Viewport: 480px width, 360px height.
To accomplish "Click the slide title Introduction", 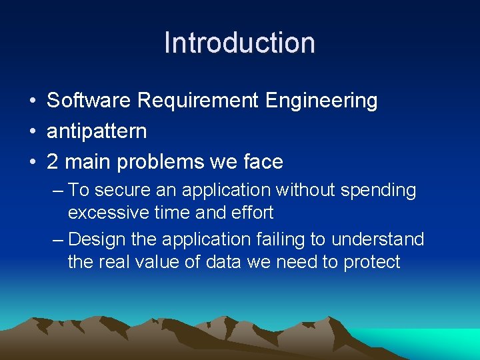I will click(x=239, y=42).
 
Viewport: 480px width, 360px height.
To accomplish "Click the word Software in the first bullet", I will click(x=89, y=101).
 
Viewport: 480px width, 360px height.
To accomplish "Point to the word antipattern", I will click(x=97, y=131).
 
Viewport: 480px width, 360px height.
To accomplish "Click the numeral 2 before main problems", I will click(x=52, y=161).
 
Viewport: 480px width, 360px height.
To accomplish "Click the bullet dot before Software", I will click(x=32, y=101).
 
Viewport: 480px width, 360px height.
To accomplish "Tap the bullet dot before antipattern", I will click(x=32, y=131).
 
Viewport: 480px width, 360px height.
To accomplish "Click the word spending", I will click(x=379, y=191).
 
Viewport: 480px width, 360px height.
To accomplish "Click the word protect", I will click(x=371, y=262).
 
